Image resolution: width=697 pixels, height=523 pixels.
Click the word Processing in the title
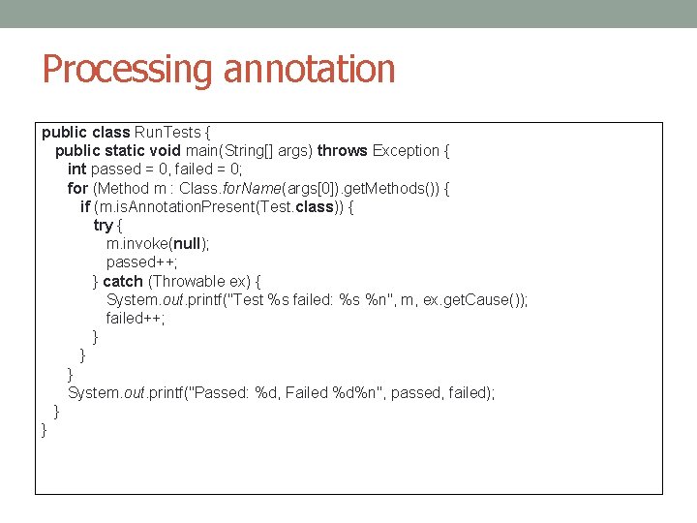[128, 70]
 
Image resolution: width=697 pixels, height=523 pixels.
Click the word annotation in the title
[309, 70]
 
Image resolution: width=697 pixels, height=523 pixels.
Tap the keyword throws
[343, 150]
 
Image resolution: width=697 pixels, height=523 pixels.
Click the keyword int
[76, 169]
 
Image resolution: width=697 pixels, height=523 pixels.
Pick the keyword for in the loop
[77, 187]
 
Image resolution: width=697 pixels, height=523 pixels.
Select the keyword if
[85, 206]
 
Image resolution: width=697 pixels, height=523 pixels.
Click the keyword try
[103, 225]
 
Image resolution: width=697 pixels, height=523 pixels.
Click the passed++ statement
[141, 261]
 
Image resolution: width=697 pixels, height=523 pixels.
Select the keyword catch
[123, 281]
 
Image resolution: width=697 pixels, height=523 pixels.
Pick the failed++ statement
[136, 318]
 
